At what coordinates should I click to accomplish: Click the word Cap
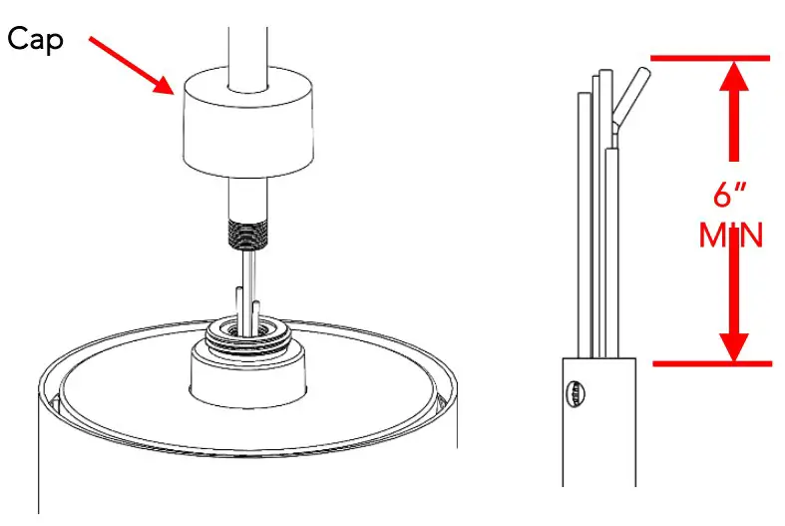(x=37, y=40)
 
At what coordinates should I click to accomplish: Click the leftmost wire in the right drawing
(x=584, y=220)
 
